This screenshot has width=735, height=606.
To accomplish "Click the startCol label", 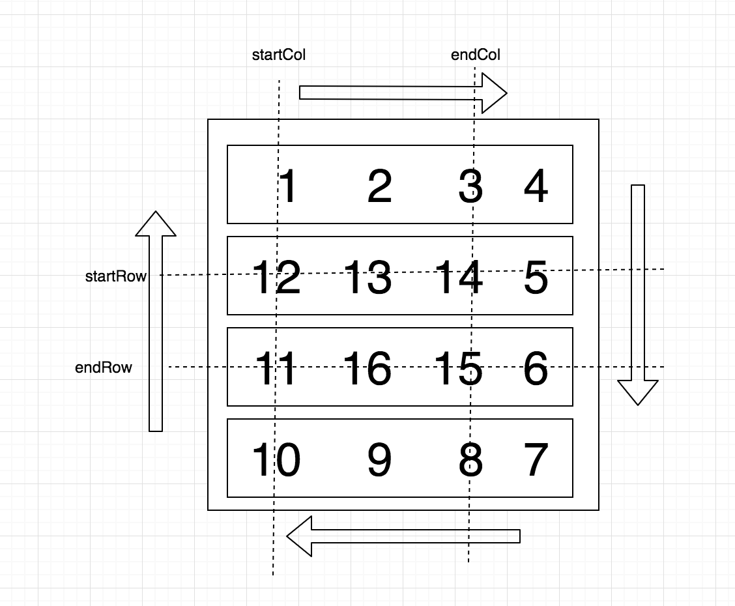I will (x=279, y=55).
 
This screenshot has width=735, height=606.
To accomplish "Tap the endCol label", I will (x=476, y=55).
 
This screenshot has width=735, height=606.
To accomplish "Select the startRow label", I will (x=115, y=276).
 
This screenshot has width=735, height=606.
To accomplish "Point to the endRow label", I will (x=104, y=368).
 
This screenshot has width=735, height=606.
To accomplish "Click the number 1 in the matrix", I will (x=287, y=186).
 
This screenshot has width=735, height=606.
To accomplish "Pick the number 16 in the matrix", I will (x=368, y=369).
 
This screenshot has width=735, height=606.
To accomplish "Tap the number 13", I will (x=368, y=278).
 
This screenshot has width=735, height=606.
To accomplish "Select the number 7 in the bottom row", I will (x=536, y=460).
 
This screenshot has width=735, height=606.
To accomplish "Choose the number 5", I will (x=536, y=278).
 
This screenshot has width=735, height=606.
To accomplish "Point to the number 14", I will (x=459, y=278).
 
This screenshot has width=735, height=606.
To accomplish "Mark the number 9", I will (x=379, y=460).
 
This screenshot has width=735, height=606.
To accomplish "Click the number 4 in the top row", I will (x=536, y=186).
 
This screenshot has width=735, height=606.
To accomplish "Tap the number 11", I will (x=276, y=369).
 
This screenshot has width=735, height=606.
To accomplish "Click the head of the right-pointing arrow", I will (x=493, y=93).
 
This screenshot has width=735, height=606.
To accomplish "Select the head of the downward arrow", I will (x=638, y=392).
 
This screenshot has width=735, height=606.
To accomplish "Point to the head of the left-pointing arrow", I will (x=300, y=536).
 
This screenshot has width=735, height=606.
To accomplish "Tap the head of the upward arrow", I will (x=156, y=224).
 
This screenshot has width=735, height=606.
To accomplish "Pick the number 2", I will (x=380, y=186).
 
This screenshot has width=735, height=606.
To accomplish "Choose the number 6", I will (x=536, y=369).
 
